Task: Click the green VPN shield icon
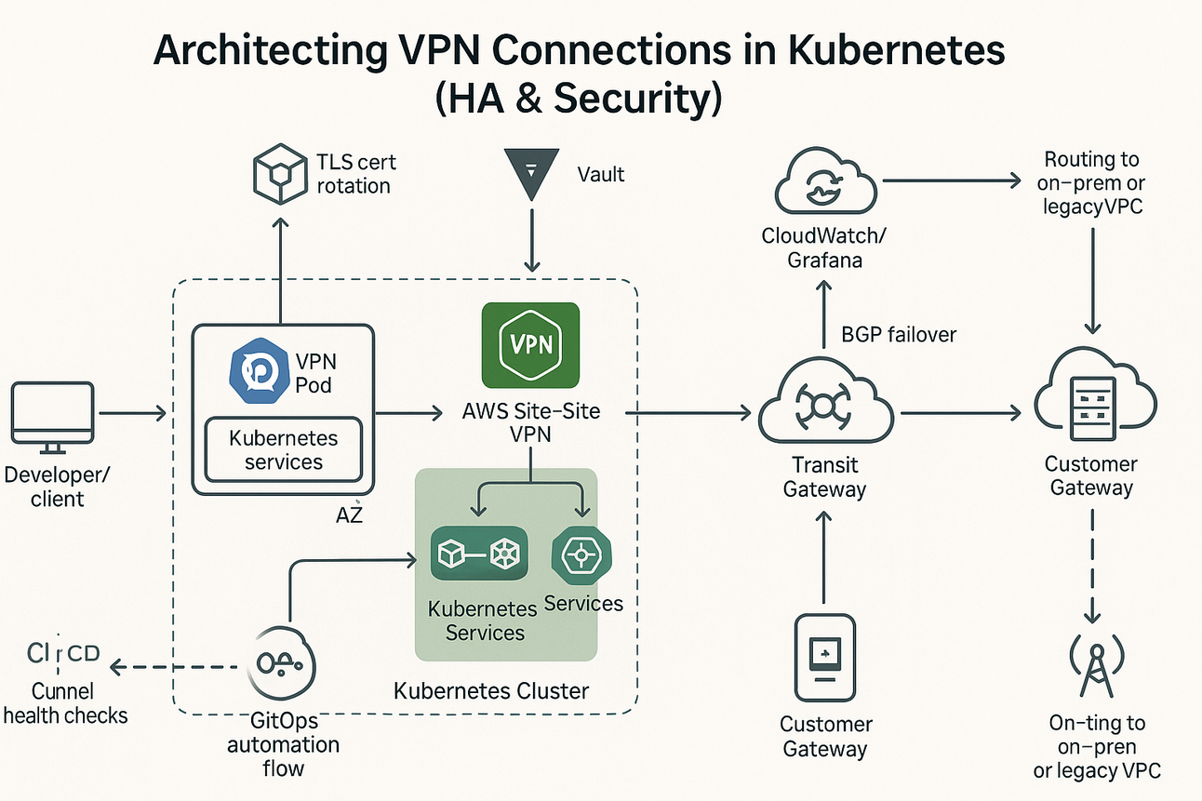531,345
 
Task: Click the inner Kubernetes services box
283,450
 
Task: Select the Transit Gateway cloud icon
825,409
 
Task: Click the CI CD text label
63,654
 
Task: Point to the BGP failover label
898,334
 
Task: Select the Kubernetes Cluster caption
491,690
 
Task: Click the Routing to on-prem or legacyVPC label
1092,183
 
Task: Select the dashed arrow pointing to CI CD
177,666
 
